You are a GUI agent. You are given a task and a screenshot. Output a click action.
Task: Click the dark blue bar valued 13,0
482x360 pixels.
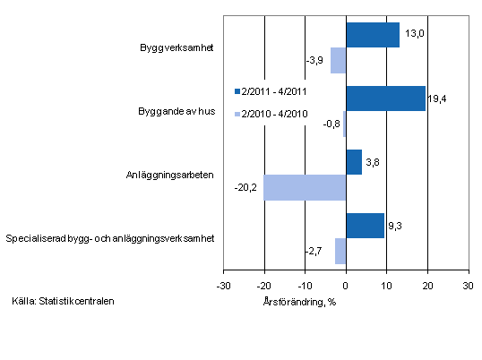pos(372,35)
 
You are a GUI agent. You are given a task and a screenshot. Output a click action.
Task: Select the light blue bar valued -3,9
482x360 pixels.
pos(338,60)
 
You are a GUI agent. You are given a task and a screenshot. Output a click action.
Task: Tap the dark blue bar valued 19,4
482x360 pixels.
pos(385,99)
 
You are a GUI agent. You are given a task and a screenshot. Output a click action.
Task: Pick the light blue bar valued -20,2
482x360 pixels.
pos(305,187)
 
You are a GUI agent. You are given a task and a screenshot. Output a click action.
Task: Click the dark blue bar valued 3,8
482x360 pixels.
pos(353,162)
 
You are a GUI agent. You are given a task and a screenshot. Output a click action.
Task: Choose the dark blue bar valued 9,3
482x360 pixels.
pos(365,226)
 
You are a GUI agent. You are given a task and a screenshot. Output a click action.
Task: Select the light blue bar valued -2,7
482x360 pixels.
pos(340,251)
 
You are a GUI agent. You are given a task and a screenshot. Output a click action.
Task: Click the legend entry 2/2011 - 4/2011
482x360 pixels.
pos(272,91)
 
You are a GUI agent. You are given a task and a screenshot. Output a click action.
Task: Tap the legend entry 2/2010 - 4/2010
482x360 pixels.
pos(272,114)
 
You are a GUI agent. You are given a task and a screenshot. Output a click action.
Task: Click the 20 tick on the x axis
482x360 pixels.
pos(426,286)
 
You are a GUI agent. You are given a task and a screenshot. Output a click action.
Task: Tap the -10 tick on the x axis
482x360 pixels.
pos(305,286)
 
